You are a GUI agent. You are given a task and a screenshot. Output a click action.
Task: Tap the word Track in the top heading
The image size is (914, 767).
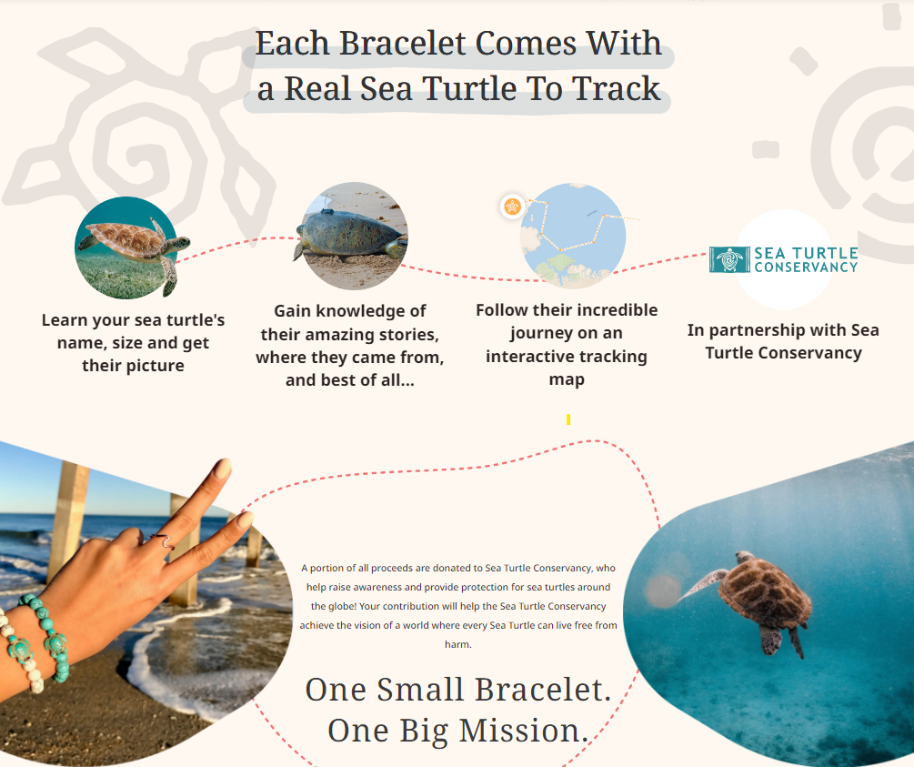pyautogui.click(x=616, y=88)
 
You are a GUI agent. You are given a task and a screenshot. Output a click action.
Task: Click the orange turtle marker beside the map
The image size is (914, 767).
pyautogui.click(x=512, y=207)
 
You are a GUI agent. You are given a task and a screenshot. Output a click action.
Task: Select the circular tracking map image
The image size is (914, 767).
pyautogui.click(x=573, y=235)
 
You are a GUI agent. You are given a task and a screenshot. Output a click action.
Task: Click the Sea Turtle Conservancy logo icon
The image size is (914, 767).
pyautogui.click(x=729, y=259)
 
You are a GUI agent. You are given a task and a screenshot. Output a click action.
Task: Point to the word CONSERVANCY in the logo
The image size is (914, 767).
pyautogui.click(x=806, y=267)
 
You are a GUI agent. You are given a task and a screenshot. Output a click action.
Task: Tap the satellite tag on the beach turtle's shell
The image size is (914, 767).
pyautogui.click(x=327, y=210)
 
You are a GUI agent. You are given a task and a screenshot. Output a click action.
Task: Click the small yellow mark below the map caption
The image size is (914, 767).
pyautogui.click(x=568, y=419)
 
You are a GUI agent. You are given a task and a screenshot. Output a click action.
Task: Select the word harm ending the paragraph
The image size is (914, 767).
pyautogui.click(x=457, y=644)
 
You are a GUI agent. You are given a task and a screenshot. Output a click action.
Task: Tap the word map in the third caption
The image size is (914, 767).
pyautogui.click(x=567, y=380)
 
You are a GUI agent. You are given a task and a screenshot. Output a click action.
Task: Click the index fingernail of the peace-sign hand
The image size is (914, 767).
pyautogui.click(x=222, y=469)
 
